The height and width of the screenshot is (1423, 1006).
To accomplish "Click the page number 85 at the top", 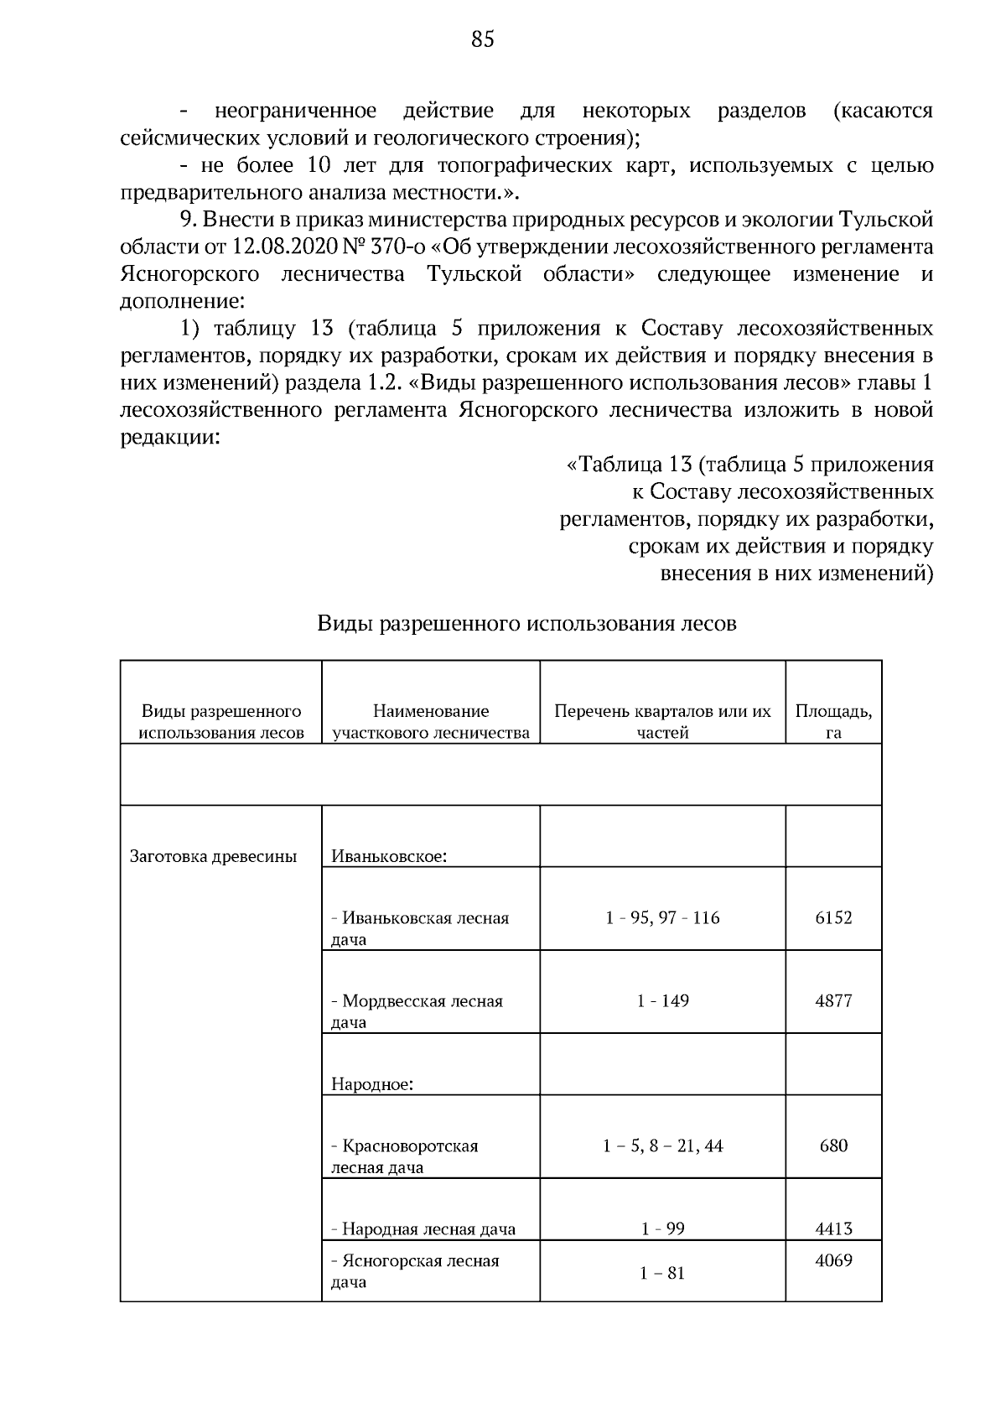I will tap(483, 39).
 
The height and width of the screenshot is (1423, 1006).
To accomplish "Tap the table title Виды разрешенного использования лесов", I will tap(526, 625).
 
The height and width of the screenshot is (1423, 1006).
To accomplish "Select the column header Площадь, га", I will tap(833, 722).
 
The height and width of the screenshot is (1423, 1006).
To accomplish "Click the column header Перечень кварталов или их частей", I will tap(662, 722).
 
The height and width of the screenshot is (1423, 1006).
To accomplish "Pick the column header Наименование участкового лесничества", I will tap(431, 722).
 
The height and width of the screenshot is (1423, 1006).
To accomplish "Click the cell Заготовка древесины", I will tap(214, 857).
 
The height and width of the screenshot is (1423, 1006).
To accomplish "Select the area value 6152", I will tap(833, 918).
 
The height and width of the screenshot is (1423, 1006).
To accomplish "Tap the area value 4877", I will tap(833, 1001).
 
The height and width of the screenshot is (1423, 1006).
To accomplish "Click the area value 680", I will tap(833, 1146).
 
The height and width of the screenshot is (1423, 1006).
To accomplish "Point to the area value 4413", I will tap(833, 1229).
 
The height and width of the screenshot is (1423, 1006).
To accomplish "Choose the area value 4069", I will tap(833, 1260).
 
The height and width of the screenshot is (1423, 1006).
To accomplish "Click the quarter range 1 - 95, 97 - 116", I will tap(662, 918).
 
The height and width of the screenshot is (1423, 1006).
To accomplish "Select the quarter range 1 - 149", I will tap(662, 1001).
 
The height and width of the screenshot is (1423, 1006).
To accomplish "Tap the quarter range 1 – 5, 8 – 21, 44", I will tap(662, 1146).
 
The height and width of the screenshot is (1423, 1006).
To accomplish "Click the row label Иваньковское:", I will tap(388, 857).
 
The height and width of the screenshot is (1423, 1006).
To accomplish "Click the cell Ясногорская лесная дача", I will tap(415, 1271).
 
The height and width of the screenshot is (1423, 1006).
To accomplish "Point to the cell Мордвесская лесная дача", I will tap(417, 1011).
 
